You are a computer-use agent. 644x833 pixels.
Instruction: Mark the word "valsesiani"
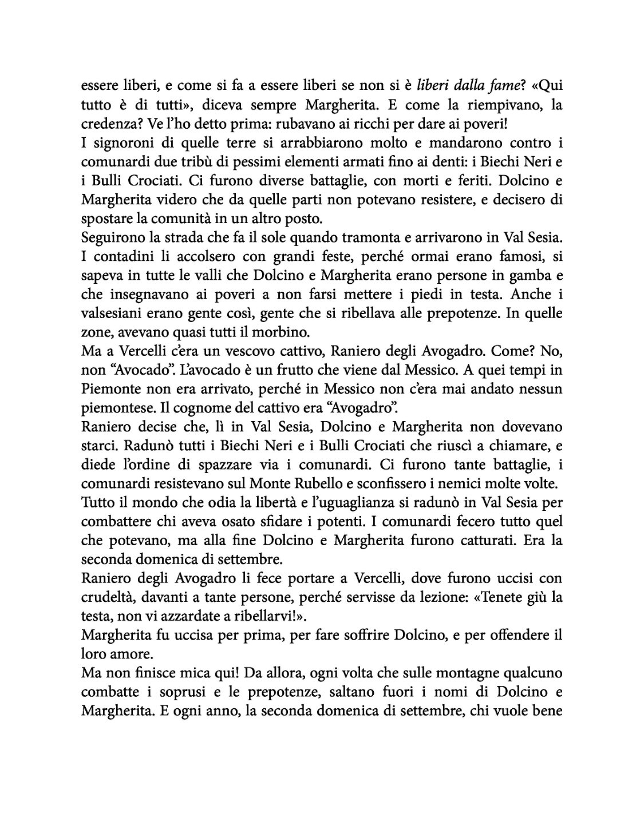[x=109, y=313]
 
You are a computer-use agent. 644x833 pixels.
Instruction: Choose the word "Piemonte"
[x=110, y=388]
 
